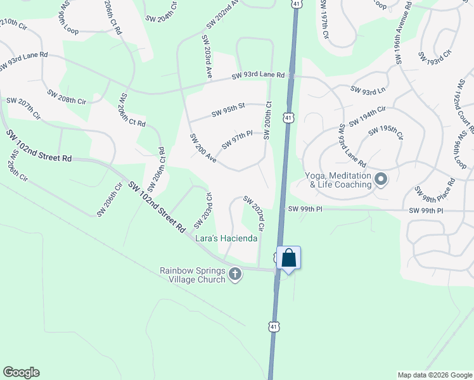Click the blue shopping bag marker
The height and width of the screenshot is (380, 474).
288,258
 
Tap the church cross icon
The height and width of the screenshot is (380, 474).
235,275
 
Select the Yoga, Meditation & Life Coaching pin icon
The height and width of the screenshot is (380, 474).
381,180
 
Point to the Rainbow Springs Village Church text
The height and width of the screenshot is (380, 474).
192,275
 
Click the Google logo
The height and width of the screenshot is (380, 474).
21,372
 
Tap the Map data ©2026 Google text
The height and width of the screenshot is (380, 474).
434,375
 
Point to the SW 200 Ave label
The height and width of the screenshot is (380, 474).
203,148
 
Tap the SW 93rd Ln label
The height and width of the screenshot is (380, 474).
368,90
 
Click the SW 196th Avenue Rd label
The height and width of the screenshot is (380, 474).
404,33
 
